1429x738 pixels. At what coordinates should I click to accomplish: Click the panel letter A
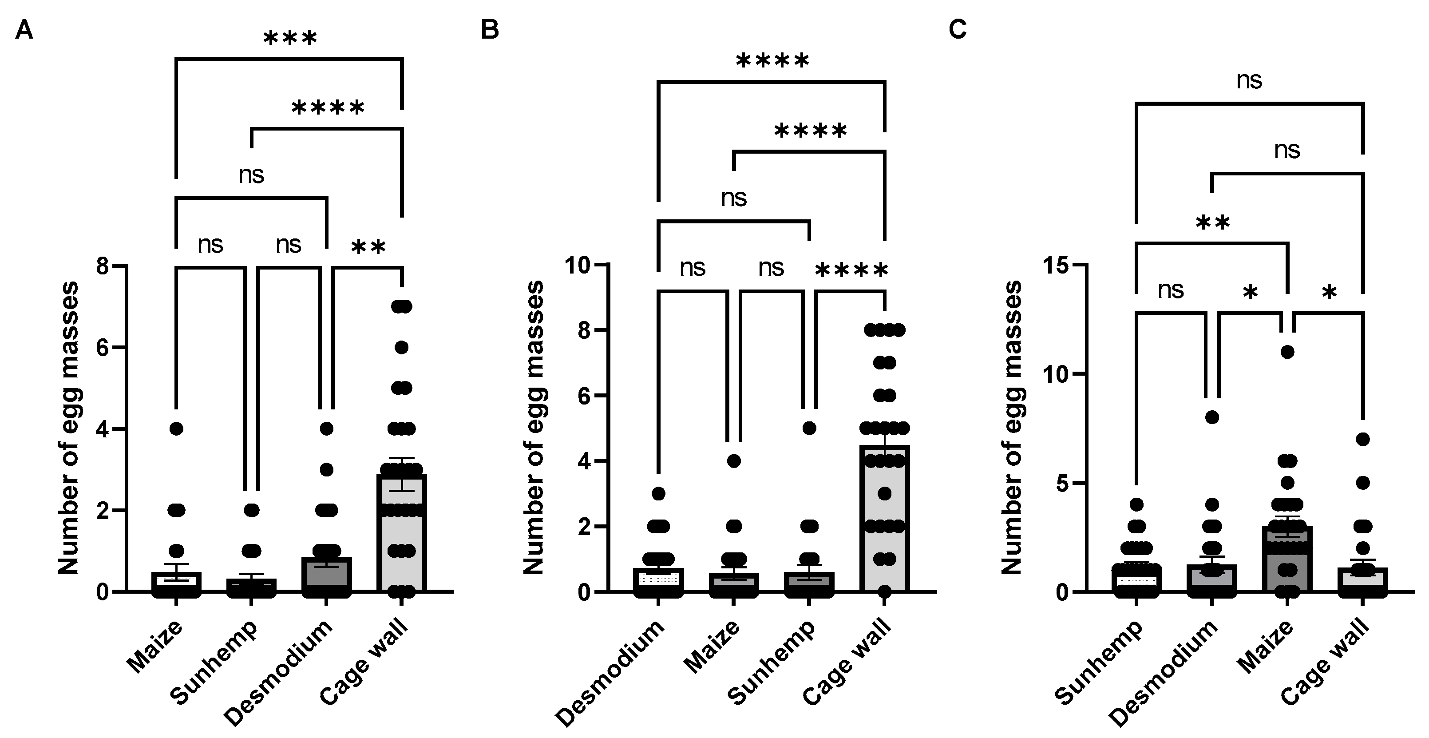(24, 30)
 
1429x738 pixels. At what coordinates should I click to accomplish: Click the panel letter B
(490, 30)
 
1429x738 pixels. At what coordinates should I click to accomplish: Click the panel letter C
(958, 30)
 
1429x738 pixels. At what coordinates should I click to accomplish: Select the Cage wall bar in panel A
(402, 533)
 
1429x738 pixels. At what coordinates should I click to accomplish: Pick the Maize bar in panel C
(1287, 560)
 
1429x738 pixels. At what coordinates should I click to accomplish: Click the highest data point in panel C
(1287, 352)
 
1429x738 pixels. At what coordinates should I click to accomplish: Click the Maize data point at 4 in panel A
(176, 429)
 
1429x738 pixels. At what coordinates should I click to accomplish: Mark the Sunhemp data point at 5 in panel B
(809, 429)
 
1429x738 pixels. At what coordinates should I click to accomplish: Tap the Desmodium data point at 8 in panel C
(1212, 417)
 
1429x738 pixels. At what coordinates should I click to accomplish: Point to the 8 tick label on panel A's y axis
(103, 266)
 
